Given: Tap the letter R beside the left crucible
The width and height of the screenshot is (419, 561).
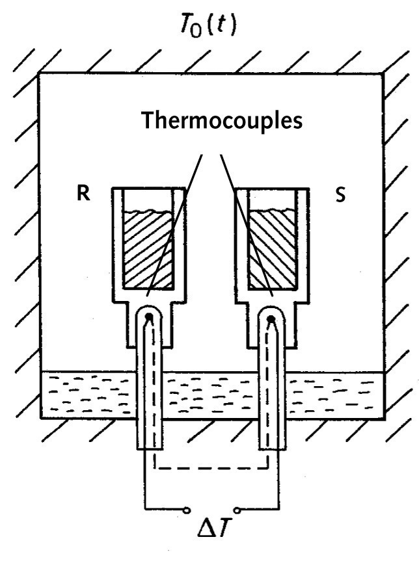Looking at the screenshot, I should pos(83,194).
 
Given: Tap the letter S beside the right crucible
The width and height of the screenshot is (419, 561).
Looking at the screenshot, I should pos(340,195).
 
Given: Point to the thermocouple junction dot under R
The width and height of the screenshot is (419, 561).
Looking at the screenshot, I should pos(149,317).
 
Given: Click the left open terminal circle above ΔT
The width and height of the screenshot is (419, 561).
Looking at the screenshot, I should pos(189,508).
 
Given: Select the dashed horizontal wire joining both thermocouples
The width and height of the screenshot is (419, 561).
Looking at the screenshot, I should pos(211,465).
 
